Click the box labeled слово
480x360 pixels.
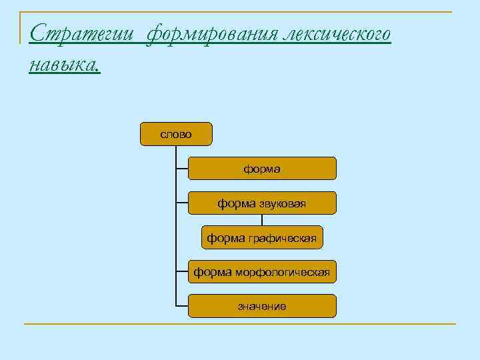176,134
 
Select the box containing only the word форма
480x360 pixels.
262,169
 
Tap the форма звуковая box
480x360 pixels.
262,203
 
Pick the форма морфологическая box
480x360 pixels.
262,272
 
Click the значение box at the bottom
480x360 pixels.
262,307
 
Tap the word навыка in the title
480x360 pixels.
65,64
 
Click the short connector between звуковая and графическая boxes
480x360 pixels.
262,221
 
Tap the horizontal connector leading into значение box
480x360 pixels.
182,307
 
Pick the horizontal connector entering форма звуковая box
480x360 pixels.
182,203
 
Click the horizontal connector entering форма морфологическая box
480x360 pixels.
182,272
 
